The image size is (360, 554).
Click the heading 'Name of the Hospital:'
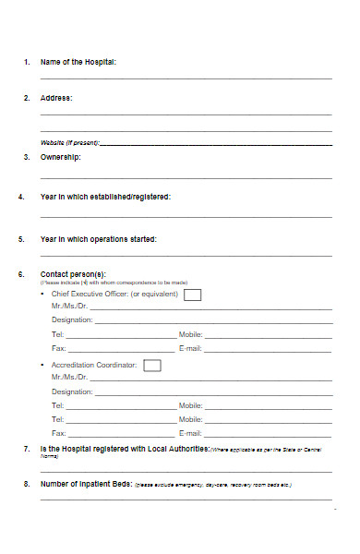[78, 62]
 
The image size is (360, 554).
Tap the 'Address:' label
[56, 97]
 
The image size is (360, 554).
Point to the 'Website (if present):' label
[69, 143]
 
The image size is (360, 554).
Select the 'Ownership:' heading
[61, 157]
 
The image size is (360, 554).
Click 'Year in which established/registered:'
[105, 197]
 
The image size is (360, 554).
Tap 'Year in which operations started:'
[99, 239]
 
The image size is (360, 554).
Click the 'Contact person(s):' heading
[73, 274]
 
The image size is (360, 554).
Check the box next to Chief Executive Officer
[192, 295]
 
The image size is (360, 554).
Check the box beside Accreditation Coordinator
[152, 365]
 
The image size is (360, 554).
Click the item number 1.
[26, 62]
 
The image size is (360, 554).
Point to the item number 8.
[26, 484]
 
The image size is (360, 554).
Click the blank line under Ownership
[186, 178]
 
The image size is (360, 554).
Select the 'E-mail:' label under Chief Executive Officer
[190, 348]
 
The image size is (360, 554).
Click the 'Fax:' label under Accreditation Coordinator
[59, 432]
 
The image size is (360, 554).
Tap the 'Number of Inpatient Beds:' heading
[86, 484]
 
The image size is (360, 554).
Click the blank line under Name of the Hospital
[186, 79]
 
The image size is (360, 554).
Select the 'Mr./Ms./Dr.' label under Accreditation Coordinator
[70, 377]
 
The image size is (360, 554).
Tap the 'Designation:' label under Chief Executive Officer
[72, 319]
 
